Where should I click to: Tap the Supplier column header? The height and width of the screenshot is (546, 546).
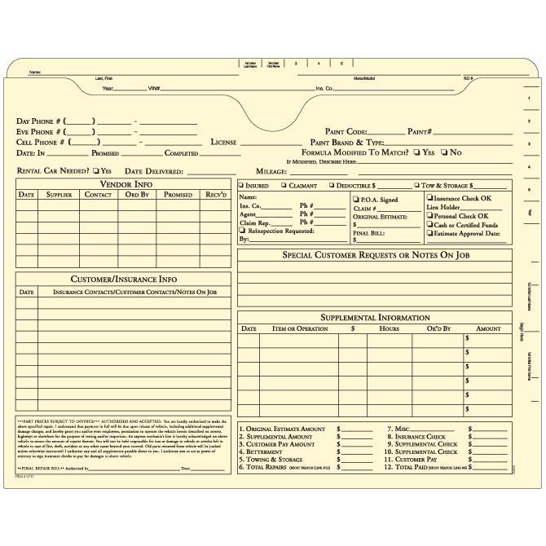pos(59,195)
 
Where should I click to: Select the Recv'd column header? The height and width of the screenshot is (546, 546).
pos(216,195)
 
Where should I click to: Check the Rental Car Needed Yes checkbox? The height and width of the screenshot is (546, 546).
pos(96,171)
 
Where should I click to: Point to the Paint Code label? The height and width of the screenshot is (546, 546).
pos(346,131)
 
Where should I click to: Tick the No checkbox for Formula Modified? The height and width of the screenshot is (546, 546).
pos(444,152)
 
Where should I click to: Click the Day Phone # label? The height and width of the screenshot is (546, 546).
pos(40,121)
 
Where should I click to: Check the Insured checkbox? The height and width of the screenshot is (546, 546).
pos(242,186)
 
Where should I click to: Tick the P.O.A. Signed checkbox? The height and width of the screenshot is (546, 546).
pos(356,199)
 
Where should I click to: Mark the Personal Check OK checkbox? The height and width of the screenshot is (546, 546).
pos(430,216)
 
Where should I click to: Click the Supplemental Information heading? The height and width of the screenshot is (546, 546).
pos(375,318)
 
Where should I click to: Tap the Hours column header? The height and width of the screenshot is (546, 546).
pos(389,328)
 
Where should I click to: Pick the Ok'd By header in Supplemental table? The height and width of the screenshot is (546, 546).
pos(438,328)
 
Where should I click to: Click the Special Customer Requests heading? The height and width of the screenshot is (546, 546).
pos(375,255)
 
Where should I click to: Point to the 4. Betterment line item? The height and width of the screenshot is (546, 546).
pos(264,452)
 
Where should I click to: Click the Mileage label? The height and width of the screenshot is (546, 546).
pos(271,172)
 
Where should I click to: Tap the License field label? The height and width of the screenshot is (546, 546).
pos(223,142)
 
